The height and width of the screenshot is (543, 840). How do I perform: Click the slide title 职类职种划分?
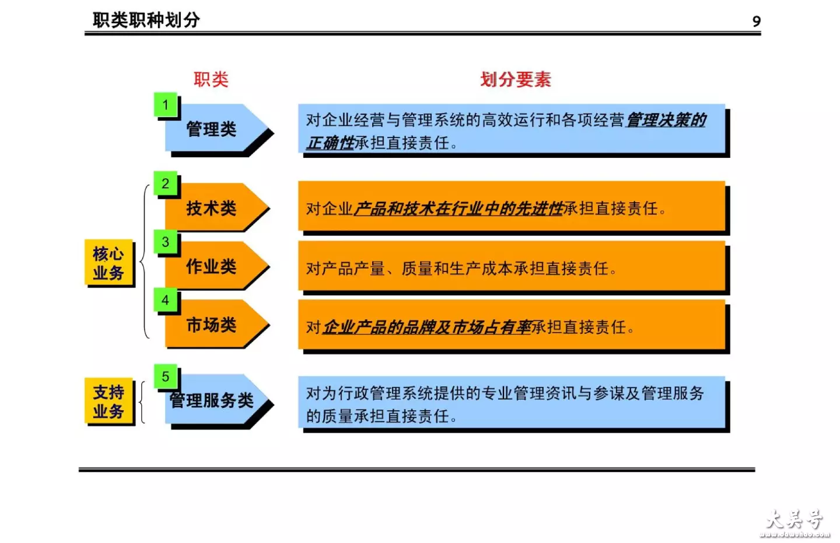[x=146, y=20]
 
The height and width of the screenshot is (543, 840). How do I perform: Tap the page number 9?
[x=757, y=22]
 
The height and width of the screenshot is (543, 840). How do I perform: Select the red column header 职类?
[x=211, y=79]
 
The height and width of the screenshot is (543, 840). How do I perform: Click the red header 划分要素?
[x=516, y=79]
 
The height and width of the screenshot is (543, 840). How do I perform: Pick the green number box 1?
[x=166, y=104]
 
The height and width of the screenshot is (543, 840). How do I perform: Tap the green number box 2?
[x=166, y=183]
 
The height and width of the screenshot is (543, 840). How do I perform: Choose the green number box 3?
[x=166, y=242]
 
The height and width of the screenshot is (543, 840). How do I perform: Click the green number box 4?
[x=166, y=299]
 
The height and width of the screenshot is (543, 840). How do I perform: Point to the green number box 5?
[x=166, y=376]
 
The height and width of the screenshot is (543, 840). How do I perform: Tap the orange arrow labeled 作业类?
[x=217, y=266]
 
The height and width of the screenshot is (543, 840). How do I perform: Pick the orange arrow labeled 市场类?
[x=217, y=324]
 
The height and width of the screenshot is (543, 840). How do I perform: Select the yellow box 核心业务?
[x=108, y=263]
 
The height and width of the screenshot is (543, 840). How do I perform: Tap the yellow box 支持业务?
[x=108, y=401]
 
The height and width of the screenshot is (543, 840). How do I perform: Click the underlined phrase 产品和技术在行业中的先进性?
[x=459, y=209]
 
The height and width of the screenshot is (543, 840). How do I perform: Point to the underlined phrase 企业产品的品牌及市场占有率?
[x=427, y=327]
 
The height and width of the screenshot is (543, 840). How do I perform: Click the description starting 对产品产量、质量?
[x=461, y=269]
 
